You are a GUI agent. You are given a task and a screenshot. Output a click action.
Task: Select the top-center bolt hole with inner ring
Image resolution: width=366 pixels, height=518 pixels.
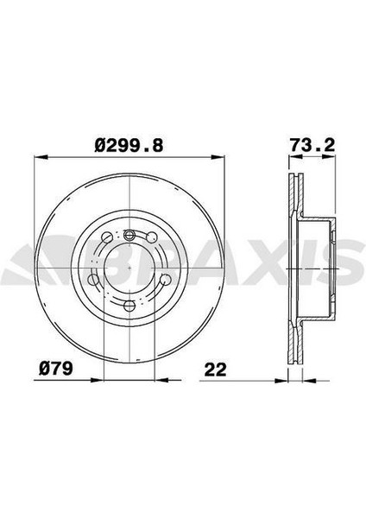(x=129, y=236)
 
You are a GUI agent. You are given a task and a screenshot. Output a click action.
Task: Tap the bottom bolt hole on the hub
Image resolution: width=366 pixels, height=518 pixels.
(x=129, y=306)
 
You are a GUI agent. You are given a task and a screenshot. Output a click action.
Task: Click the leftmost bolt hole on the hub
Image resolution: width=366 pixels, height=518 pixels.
(x=93, y=279)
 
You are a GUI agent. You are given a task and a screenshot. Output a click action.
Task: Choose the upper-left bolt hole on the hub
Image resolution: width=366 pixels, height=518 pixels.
(x=106, y=238)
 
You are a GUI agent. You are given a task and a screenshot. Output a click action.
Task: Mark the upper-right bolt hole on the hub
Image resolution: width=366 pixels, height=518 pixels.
(x=152, y=238)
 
